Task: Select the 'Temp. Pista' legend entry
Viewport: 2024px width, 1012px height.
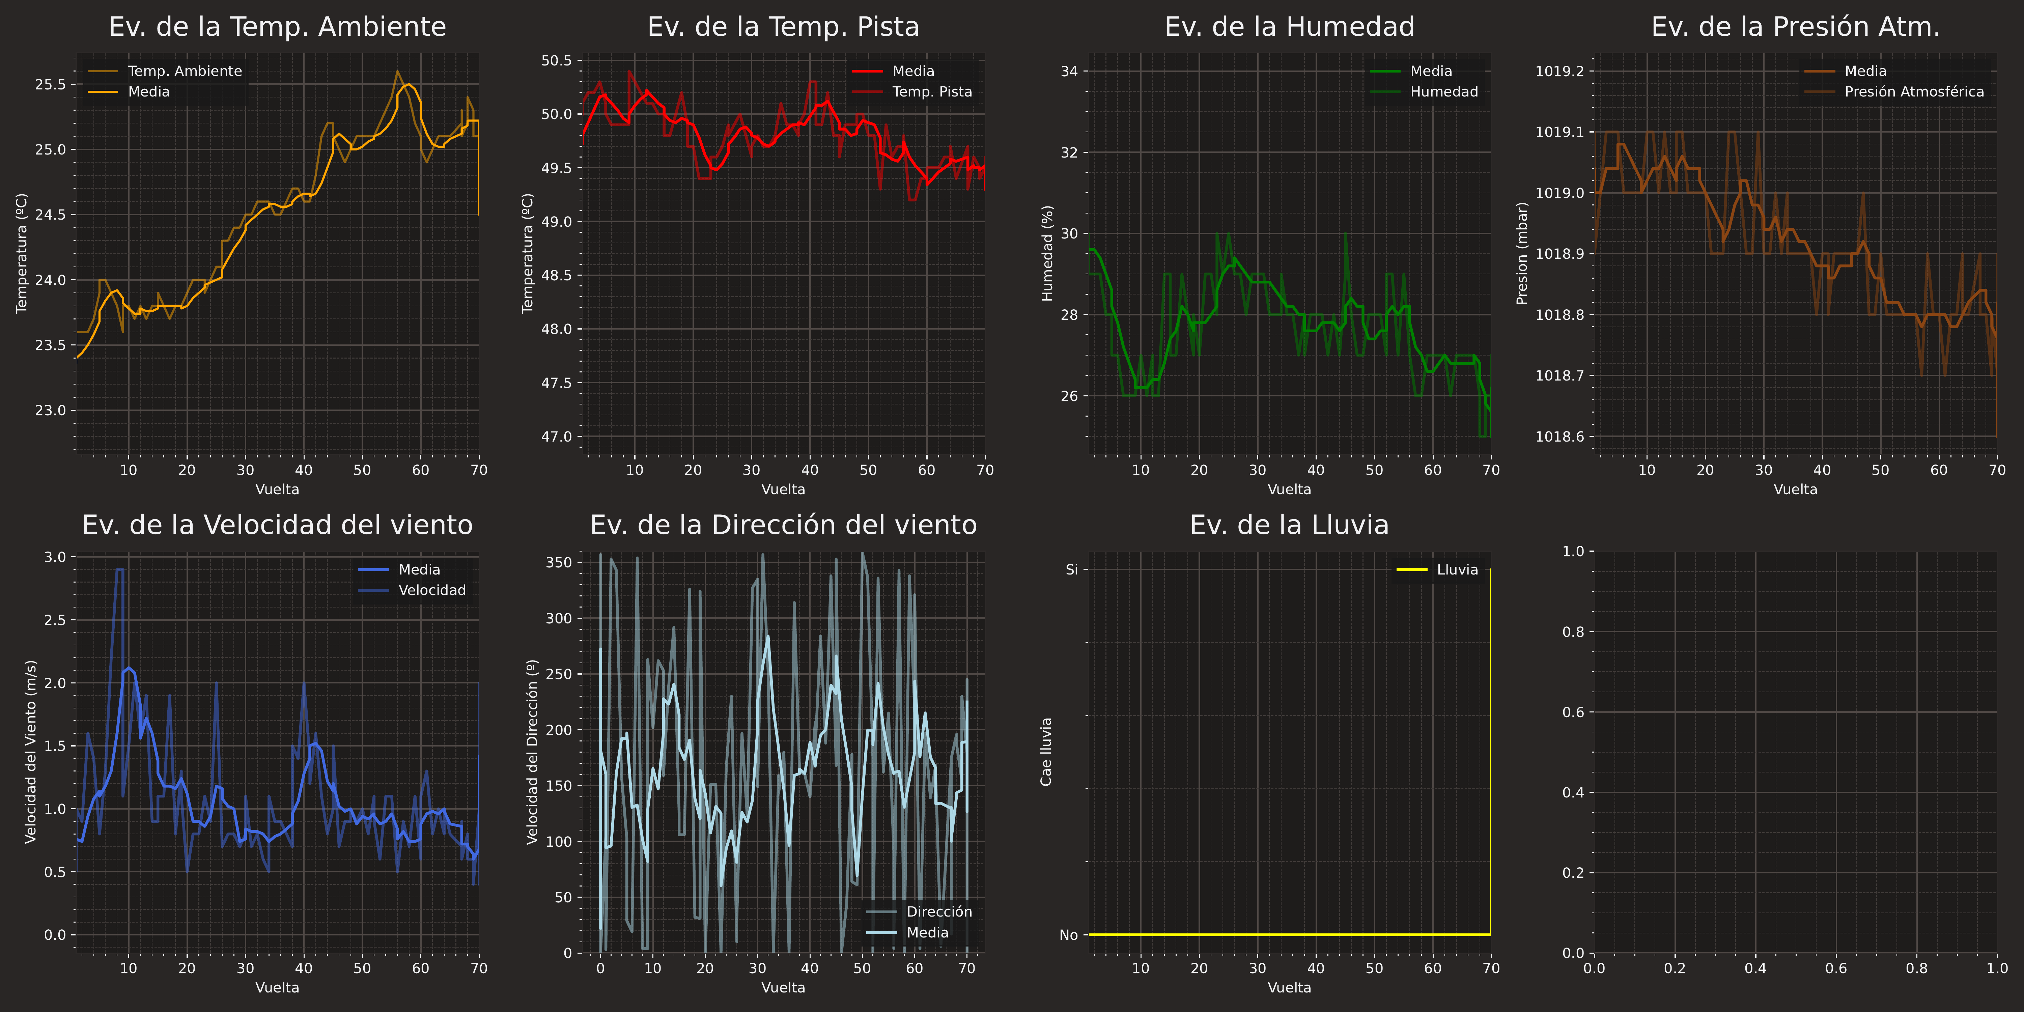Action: tap(932, 92)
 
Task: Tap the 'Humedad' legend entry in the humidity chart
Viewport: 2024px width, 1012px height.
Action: tap(1443, 92)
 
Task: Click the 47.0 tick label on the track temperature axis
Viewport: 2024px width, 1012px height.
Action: tap(556, 437)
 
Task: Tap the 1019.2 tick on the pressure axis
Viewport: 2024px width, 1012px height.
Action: tap(1559, 72)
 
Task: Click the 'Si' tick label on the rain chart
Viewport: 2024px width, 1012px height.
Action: tap(1072, 570)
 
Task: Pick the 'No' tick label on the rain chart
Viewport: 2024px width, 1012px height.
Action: tap(1069, 935)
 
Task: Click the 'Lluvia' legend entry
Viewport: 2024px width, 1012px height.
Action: tap(1457, 570)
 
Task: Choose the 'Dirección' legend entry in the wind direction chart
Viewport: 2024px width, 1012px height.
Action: tap(939, 911)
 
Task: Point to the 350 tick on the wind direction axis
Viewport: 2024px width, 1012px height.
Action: tap(559, 563)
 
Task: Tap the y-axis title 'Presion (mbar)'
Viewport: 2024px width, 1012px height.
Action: tap(1522, 254)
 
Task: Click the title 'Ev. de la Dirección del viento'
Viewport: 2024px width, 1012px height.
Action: tap(783, 525)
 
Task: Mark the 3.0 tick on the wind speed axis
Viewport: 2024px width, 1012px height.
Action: tap(55, 557)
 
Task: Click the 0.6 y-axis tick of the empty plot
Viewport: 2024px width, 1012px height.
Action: tap(1573, 713)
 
